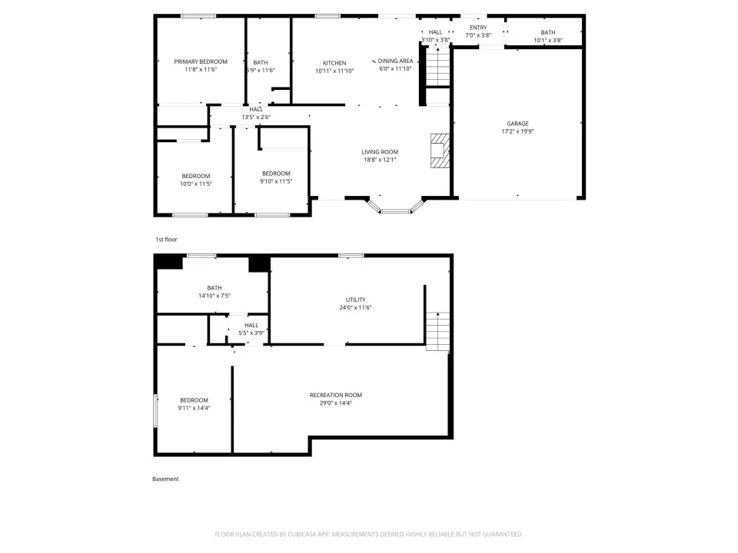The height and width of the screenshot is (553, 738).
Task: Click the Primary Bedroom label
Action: pos(201,61)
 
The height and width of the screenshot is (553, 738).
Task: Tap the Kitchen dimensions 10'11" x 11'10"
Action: pos(334,71)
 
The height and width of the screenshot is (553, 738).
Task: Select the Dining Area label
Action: pos(395,61)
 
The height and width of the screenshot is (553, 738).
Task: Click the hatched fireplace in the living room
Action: pos(440,151)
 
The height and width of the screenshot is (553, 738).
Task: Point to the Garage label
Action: pos(517,124)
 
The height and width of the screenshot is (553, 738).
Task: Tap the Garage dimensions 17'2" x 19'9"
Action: pos(517,131)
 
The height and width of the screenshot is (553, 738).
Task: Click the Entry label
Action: pos(478,28)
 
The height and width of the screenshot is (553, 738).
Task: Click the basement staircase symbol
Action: pos(437,331)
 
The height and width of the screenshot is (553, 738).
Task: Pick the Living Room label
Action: pos(380,152)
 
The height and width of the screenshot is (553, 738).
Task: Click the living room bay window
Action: pos(395,207)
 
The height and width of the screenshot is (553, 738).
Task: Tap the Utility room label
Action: pos(355,300)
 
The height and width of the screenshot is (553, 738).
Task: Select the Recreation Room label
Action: pos(336,395)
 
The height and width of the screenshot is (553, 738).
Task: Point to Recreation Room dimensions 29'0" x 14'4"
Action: pos(336,403)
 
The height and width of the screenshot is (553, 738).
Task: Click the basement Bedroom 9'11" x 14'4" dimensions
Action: pos(194,408)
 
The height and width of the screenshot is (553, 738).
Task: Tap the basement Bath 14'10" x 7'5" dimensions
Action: pos(214,296)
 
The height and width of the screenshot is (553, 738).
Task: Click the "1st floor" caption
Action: pos(166,240)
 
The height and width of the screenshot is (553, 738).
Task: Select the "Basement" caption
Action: pos(165,478)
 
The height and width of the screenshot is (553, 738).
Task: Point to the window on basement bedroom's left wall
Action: pos(155,411)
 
